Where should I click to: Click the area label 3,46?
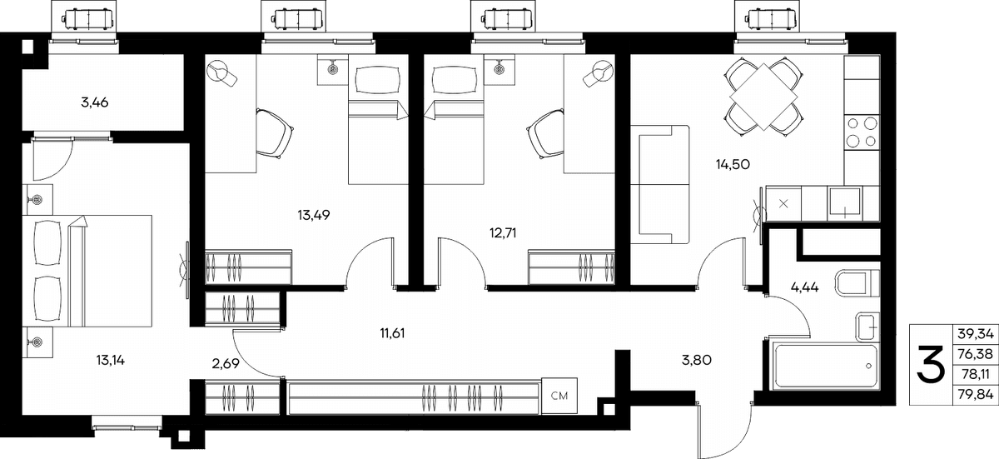click(x=95, y=102)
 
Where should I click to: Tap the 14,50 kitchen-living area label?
click(x=733, y=165)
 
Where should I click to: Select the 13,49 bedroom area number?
click(x=314, y=216)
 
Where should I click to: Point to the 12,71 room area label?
click(x=503, y=233)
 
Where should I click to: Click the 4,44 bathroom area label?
click(x=804, y=287)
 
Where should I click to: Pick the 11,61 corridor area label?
click(x=392, y=333)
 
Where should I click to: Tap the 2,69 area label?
click(x=226, y=364)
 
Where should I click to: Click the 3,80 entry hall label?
click(x=697, y=360)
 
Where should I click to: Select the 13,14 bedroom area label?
click(x=110, y=360)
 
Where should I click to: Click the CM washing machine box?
click(x=559, y=396)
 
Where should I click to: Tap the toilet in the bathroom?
click(x=857, y=283)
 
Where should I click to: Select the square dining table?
click(x=764, y=97)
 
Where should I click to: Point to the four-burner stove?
click(x=862, y=132)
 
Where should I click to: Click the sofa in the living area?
click(x=659, y=185)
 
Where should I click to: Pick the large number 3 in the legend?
click(x=931, y=371)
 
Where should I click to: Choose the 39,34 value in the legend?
click(x=976, y=333)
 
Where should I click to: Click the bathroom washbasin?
click(x=867, y=327)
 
